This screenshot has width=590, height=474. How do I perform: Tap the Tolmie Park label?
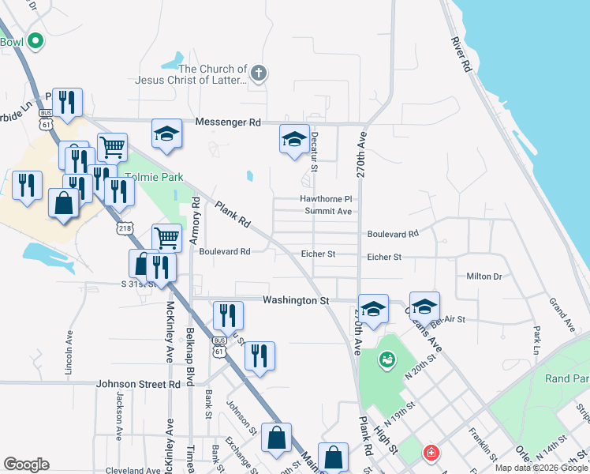tap(155, 177)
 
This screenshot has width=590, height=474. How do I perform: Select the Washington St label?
tap(295, 300)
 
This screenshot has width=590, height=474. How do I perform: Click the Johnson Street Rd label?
tap(138, 384)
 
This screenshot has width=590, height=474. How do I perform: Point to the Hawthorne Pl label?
tap(325, 199)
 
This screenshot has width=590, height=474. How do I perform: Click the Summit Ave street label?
tap(328, 212)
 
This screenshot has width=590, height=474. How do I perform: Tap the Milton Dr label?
tap(484, 276)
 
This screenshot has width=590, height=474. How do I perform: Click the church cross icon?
tap(257, 74)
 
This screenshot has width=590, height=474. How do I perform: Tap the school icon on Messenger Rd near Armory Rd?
tap(167, 134)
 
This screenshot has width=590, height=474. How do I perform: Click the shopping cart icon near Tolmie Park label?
tap(113, 146)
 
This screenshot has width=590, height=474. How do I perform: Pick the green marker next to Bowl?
tap(35, 40)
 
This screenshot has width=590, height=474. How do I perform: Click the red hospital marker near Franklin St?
tap(431, 453)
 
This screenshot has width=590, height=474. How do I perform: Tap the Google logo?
tap(26, 465)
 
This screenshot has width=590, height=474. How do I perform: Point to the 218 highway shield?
tap(124, 228)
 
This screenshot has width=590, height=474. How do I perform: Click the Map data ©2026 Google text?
tap(541, 468)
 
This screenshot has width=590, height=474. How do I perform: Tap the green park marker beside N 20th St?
tap(386, 360)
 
